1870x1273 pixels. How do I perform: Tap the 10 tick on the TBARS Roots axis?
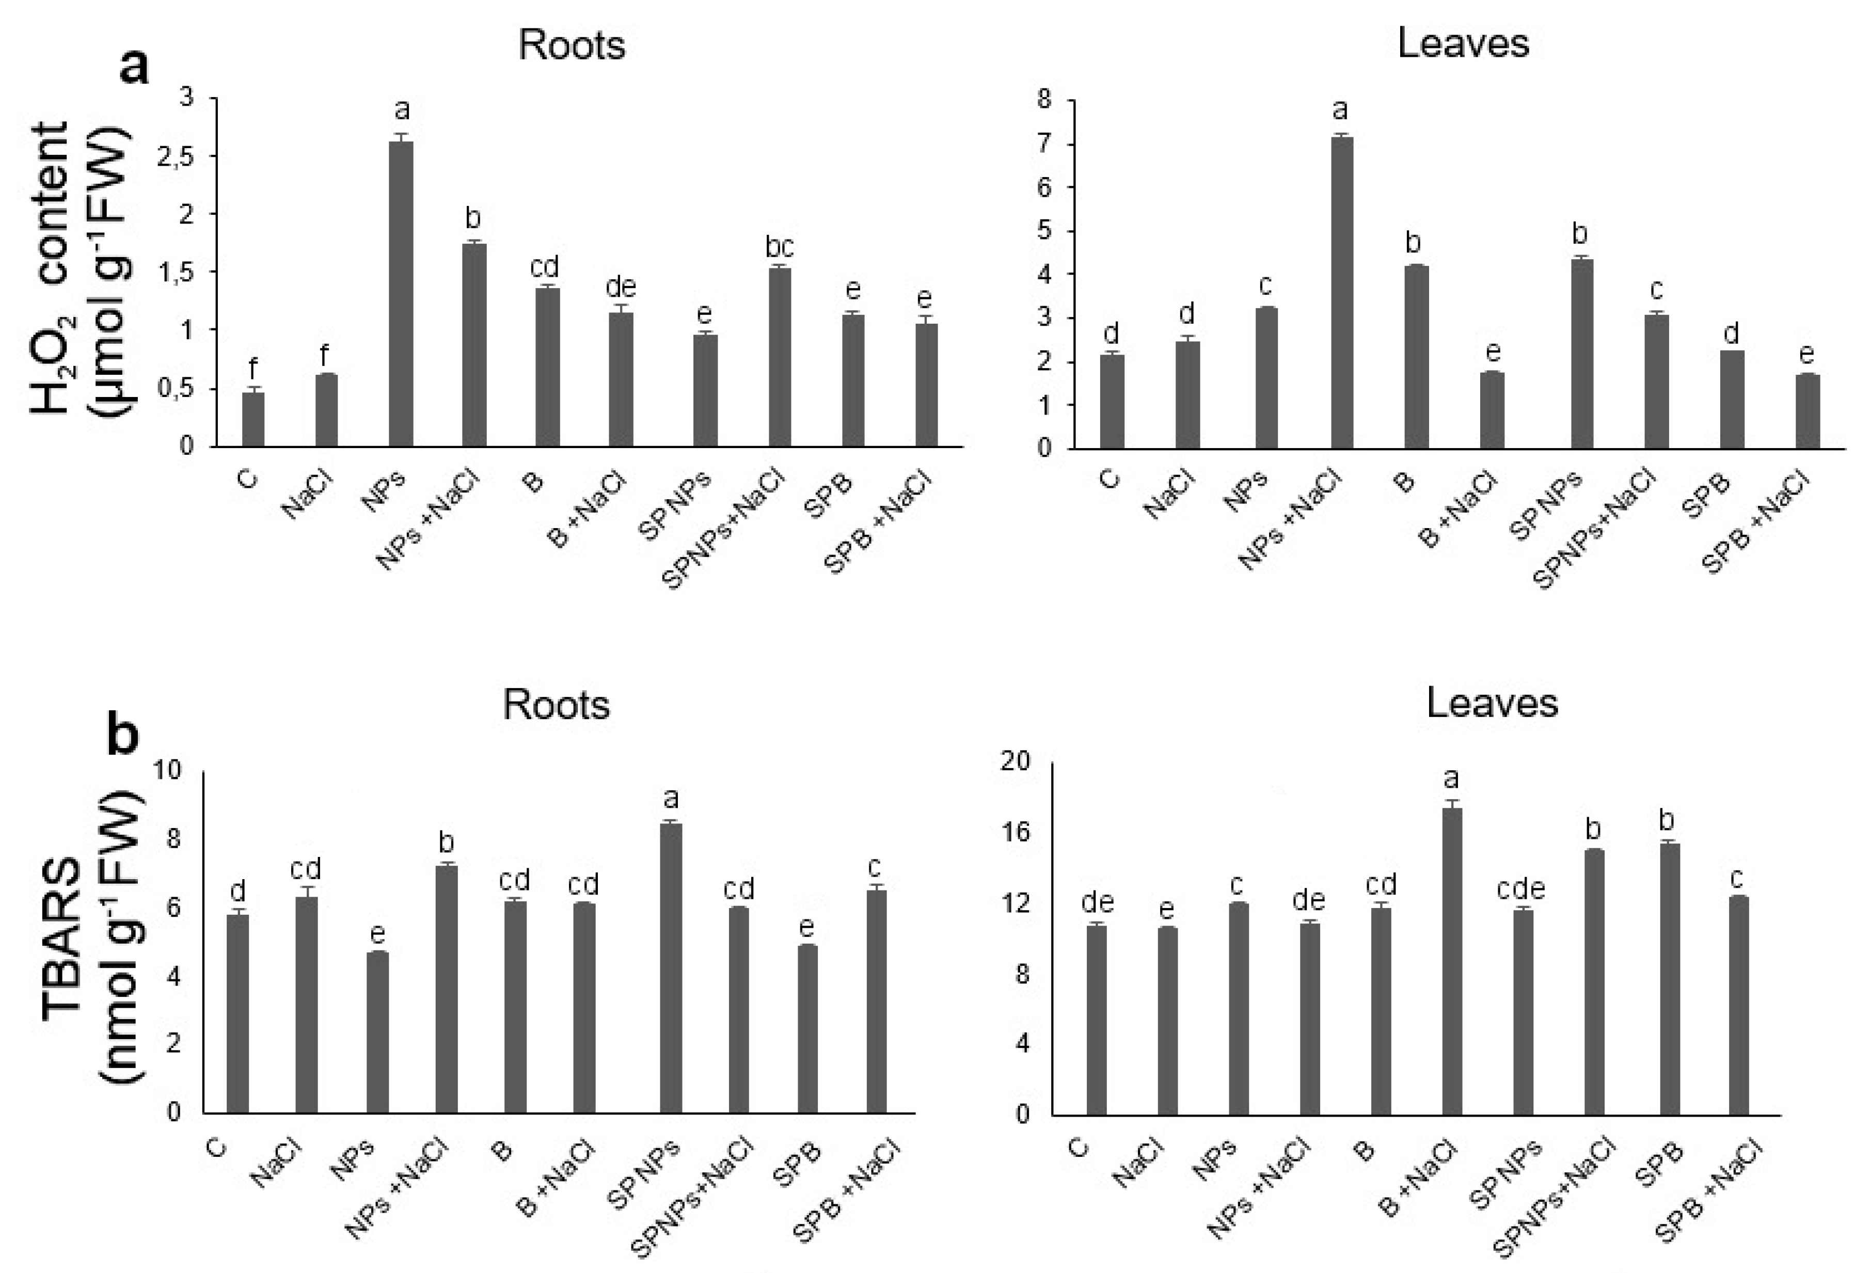point(167,771)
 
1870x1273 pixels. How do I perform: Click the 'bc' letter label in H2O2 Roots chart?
point(779,246)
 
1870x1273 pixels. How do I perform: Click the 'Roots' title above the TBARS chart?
point(556,705)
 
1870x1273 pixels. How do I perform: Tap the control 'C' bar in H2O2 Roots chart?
point(253,419)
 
